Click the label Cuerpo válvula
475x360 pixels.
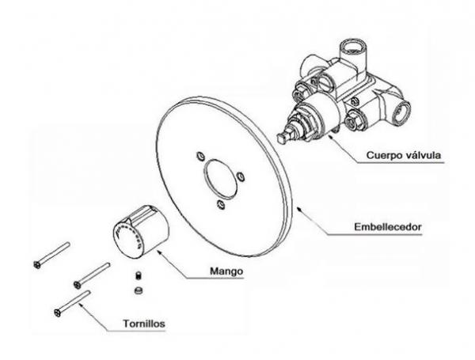pyautogui.click(x=405, y=156)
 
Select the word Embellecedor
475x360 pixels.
pyautogui.click(x=388, y=229)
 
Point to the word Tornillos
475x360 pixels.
pyautogui.click(x=144, y=324)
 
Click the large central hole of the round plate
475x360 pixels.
pyautogui.click(x=221, y=179)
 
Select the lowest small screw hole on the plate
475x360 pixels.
pyautogui.click(x=222, y=204)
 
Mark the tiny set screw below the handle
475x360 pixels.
pyautogui.click(x=137, y=276)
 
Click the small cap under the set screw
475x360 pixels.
pyautogui.click(x=137, y=290)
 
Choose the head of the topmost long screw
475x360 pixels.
pyautogui.click(x=36, y=264)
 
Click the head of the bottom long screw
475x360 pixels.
pyautogui.click(x=58, y=313)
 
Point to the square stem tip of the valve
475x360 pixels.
pyautogui.click(x=282, y=139)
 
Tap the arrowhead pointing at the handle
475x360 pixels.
pyautogui.click(x=159, y=249)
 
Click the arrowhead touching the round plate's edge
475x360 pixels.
pyautogui.click(x=295, y=205)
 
